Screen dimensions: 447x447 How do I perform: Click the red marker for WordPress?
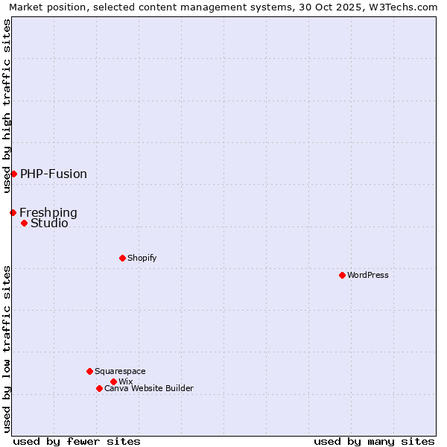pos(342,275)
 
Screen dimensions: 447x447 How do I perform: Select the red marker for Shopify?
pos(122,258)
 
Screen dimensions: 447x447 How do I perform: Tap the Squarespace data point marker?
pos(89,371)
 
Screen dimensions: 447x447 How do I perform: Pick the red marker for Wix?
pos(113,381)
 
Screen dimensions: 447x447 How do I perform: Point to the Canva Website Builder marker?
pos(99,388)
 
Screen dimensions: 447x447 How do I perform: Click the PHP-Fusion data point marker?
pos(13,174)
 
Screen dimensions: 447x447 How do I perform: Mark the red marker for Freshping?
pos(13,212)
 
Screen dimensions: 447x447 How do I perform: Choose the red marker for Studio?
pos(24,223)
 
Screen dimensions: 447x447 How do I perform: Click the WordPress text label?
pos(368,275)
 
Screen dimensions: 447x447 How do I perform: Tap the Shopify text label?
pos(142,258)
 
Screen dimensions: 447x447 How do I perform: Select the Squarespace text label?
pos(120,371)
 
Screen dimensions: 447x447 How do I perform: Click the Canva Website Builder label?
pos(149,388)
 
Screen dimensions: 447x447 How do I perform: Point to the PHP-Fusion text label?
pos(54,174)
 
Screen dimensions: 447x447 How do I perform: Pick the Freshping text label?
pos(48,212)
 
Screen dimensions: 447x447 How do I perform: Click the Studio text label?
pos(49,223)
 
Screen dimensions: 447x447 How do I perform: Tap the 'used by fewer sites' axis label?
pos(77,441)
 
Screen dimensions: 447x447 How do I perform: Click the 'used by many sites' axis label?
pos(374,441)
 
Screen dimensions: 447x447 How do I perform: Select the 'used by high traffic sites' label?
pos(7,106)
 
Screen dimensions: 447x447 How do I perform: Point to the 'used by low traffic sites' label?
pos(7,349)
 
